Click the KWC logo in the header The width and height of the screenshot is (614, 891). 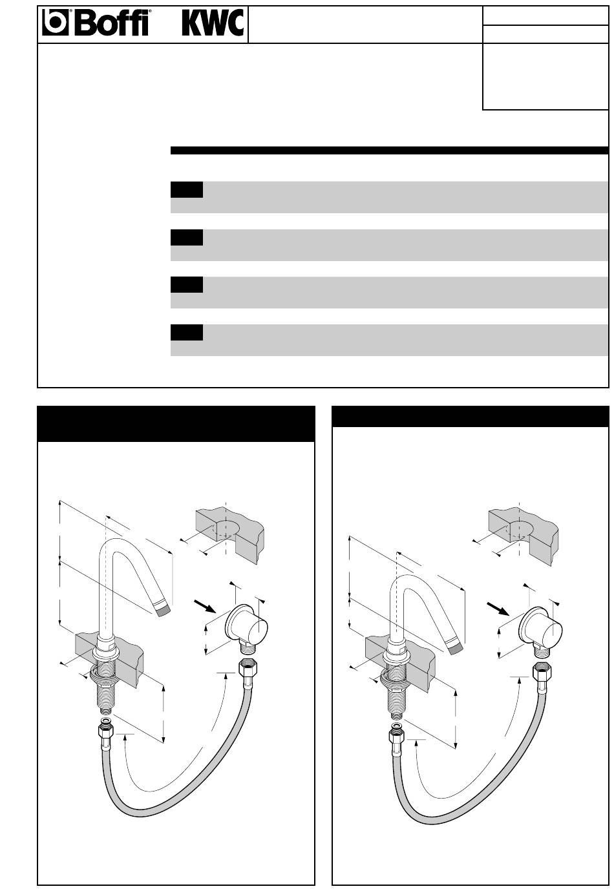213,23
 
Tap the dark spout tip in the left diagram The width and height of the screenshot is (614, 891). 163,610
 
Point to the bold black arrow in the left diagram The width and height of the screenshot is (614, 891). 204,606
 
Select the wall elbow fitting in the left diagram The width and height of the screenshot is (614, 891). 247,631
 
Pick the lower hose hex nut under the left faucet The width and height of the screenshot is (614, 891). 106,733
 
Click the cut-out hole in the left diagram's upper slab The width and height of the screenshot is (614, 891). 226,531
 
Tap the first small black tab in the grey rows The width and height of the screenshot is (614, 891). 187,189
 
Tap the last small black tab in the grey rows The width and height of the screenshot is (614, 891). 187,333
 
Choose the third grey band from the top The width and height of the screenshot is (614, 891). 389,292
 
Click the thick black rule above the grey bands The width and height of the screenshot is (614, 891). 389,151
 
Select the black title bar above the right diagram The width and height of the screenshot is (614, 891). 471,417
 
